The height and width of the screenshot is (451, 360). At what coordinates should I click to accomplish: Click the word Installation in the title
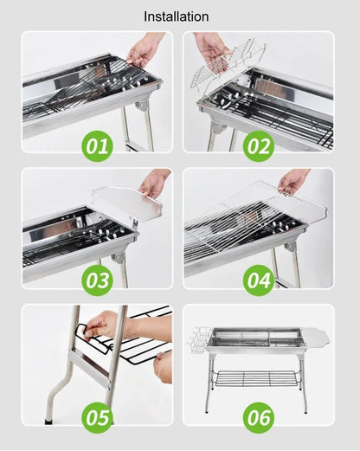click(x=176, y=16)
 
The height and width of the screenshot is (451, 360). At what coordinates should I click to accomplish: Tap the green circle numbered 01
click(x=97, y=145)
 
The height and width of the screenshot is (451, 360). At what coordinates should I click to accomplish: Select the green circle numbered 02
click(x=258, y=145)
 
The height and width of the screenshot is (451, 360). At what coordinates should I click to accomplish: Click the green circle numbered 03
click(x=97, y=280)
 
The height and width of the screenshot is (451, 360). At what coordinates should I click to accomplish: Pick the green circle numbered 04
click(x=258, y=280)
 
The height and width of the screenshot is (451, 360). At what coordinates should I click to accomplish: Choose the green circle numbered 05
click(x=97, y=417)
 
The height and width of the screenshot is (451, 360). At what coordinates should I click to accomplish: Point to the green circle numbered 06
click(x=258, y=417)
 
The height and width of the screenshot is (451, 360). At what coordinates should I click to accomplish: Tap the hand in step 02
click(x=210, y=48)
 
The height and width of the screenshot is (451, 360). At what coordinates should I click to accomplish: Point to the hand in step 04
click(x=293, y=180)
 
